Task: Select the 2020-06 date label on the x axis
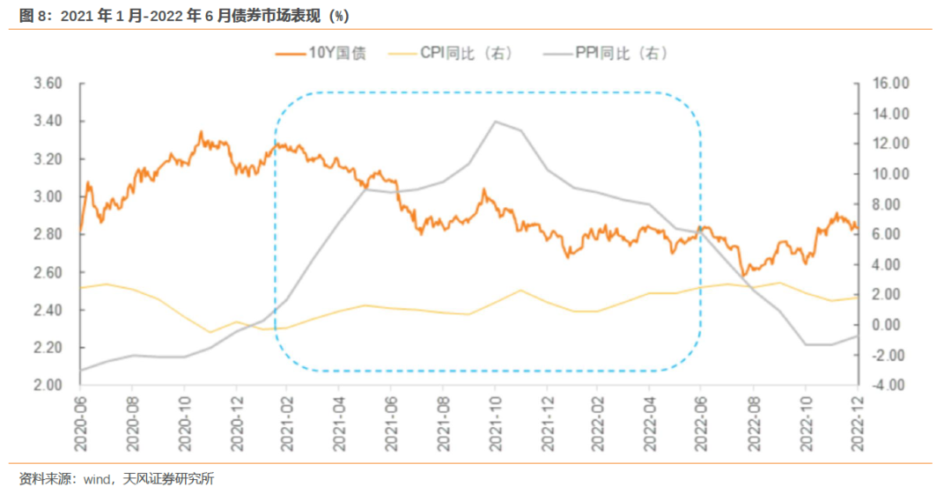80,422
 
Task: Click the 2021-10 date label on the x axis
495,422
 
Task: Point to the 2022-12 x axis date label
858,422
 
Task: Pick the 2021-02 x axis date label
288,422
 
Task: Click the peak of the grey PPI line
495,122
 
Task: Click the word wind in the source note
96,479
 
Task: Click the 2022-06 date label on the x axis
702,422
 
